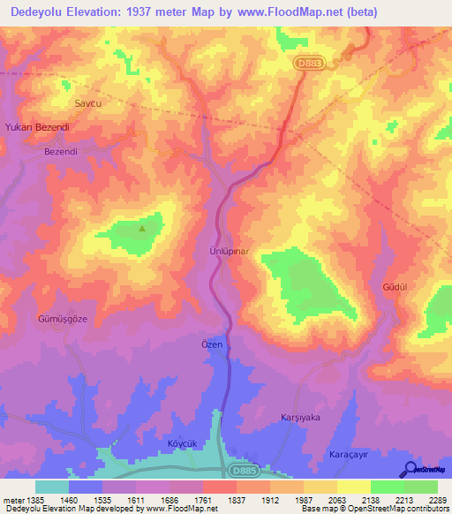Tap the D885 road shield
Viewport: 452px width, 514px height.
[246, 472]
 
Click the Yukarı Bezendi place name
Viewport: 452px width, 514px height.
[37, 127]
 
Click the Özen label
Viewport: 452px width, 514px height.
[213, 344]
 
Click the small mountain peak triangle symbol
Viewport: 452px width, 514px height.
[142, 229]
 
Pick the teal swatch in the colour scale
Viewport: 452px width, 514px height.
[51, 487]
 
